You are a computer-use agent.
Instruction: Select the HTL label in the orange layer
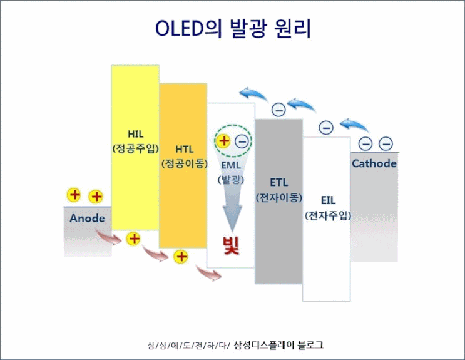[183, 150]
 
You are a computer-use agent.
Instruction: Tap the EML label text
[230, 167]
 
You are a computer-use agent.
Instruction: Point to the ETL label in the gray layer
[278, 183]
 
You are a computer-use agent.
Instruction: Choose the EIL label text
[328, 200]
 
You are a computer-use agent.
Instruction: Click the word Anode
[87, 219]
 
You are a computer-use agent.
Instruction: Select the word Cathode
[374, 164]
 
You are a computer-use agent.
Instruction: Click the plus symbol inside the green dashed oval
[223, 141]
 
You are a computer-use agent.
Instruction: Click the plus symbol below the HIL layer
[133, 239]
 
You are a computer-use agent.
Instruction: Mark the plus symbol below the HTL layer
[181, 256]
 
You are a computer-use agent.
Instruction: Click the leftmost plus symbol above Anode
[74, 194]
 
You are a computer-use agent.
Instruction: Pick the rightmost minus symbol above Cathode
[386, 143]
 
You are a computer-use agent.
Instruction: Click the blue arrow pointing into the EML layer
[253, 95]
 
